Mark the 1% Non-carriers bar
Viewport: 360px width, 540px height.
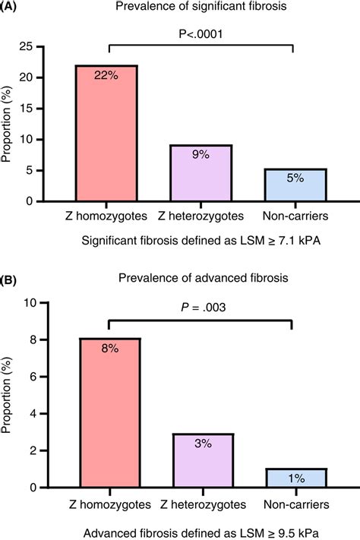point(295,478)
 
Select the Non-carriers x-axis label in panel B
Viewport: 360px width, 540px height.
point(295,504)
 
